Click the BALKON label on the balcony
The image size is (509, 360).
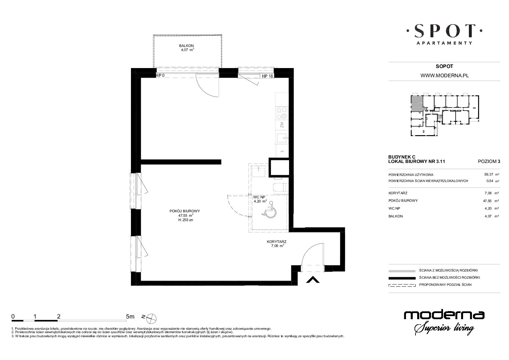(186, 46)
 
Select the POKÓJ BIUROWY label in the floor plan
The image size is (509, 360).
(185, 211)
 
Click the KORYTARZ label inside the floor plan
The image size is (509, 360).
(276, 242)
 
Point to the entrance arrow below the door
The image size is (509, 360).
(313, 279)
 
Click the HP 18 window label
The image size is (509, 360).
(268, 76)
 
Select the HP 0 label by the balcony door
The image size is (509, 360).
(160, 76)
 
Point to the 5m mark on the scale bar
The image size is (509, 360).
(130, 316)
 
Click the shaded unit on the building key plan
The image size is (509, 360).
(417, 103)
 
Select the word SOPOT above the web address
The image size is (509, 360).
(444, 66)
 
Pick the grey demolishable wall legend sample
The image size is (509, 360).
(402, 271)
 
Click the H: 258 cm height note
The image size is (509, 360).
(186, 220)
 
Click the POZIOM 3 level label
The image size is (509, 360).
(489, 162)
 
